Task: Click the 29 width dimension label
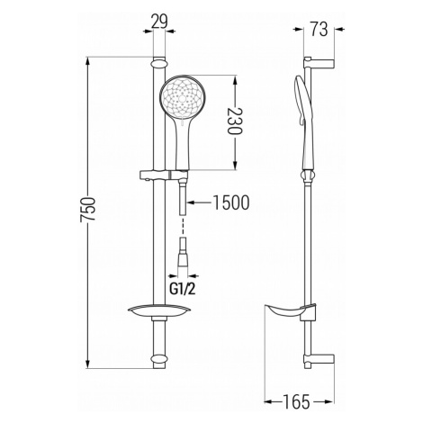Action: pos(158,22)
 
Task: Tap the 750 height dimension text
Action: pos(87,210)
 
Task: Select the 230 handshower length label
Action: pos(234,121)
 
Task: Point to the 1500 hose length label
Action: pos(231,202)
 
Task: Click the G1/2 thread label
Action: pos(183,289)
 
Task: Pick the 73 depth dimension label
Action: pos(319,30)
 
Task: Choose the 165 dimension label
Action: pos(296,401)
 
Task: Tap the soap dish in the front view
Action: pos(157,312)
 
